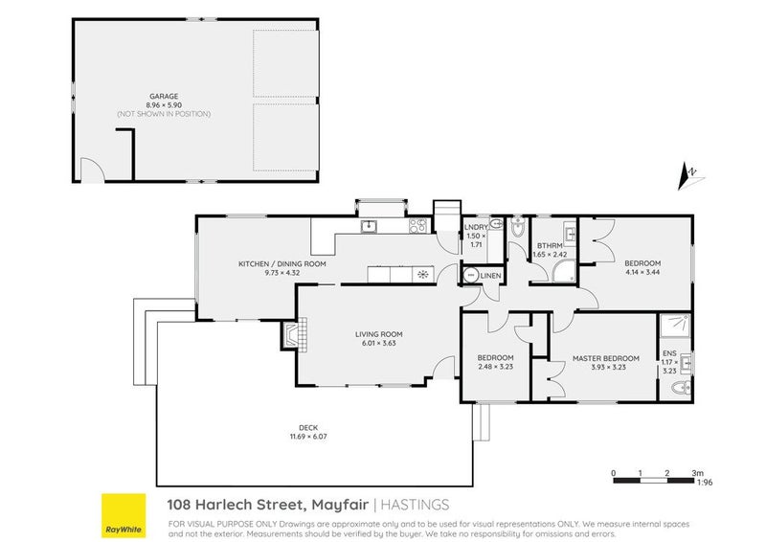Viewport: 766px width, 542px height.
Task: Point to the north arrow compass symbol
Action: pos(689,173)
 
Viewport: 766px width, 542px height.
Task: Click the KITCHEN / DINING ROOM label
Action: pos(282,263)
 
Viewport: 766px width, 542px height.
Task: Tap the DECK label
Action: pos(314,428)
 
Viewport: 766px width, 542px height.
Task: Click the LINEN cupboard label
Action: pos(490,277)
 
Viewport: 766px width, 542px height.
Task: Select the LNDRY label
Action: pos(475,227)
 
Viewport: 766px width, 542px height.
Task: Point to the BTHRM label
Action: pos(548,246)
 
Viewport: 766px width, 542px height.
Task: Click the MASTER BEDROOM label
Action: pos(598,359)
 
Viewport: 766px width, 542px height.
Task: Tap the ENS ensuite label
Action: pos(666,352)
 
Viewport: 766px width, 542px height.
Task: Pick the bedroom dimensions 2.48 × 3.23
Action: pos(496,368)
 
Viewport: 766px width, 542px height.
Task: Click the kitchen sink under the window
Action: pos(368,227)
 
